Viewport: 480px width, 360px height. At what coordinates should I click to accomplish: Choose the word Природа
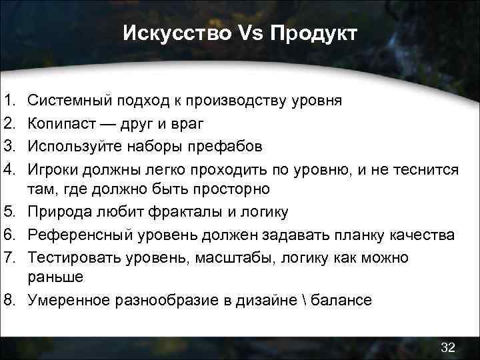click(x=59, y=213)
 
